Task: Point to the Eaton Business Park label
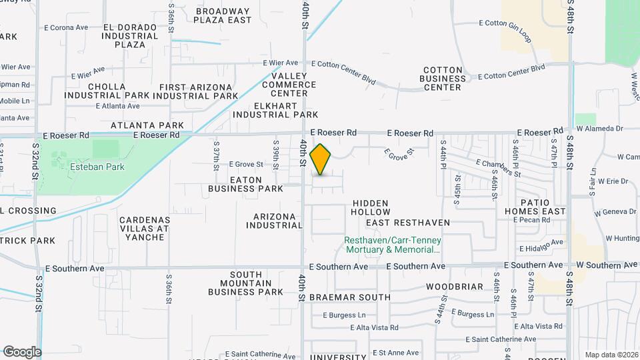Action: (x=246, y=184)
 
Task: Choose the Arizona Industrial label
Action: (x=279, y=221)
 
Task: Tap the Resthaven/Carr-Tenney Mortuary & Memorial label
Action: (x=392, y=245)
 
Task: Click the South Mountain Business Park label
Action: (x=246, y=283)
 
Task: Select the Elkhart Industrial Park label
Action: (x=275, y=110)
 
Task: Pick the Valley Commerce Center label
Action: (x=289, y=85)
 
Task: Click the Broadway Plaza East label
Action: (x=223, y=15)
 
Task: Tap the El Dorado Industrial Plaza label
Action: (x=130, y=36)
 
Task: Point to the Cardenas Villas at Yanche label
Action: (x=145, y=228)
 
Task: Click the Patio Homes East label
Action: (x=535, y=207)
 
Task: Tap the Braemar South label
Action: (x=350, y=297)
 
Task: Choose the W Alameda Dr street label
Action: (x=599, y=128)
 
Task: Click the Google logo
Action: (x=22, y=351)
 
